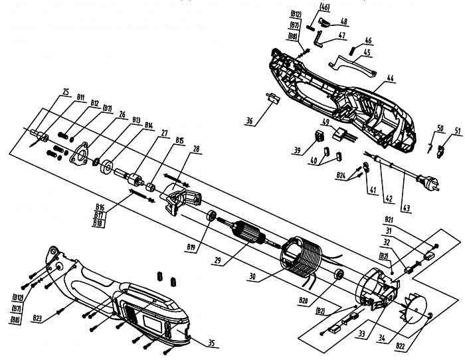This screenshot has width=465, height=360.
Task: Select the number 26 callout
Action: pos(122,114)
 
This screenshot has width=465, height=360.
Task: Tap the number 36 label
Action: pos(249,121)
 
